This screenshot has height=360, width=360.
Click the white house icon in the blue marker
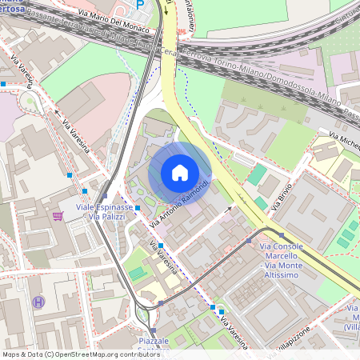180,172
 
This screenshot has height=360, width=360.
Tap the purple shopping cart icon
57,216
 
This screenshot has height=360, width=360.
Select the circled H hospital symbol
38,302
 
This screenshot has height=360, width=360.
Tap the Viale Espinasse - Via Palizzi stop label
104,212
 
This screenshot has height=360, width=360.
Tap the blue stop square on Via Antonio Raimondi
138,208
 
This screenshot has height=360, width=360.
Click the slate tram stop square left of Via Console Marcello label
249,239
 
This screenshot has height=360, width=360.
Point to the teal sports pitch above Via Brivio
257,175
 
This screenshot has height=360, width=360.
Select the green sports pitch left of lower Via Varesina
138,274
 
